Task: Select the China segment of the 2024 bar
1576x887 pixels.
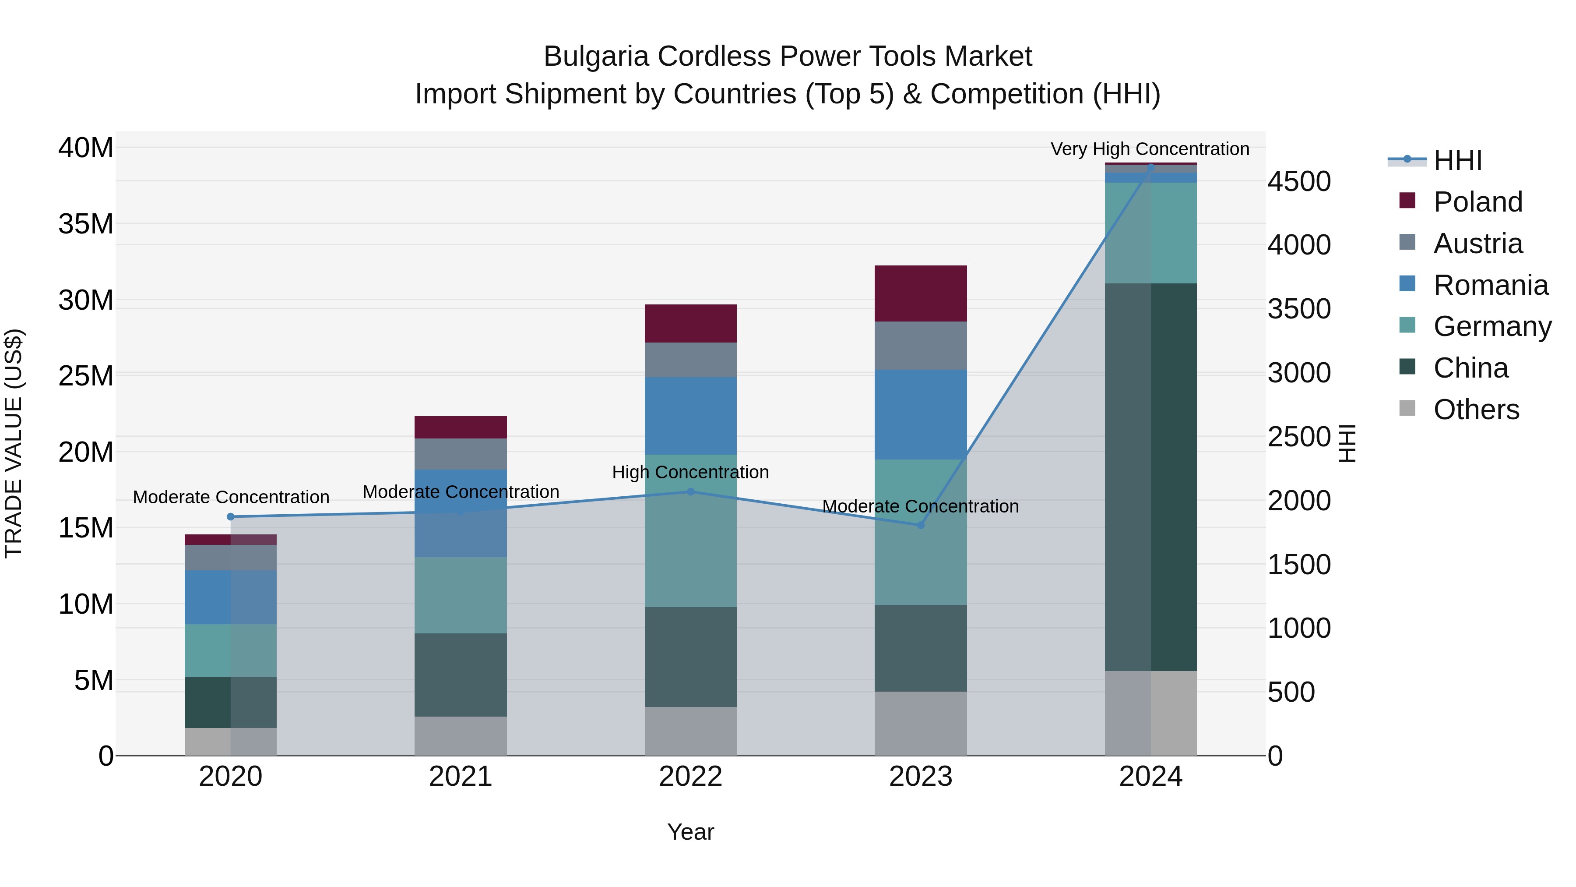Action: point(1150,477)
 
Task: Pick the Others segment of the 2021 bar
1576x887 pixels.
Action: point(460,736)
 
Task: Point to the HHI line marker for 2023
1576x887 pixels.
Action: point(920,525)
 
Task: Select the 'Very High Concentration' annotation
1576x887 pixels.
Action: point(1150,149)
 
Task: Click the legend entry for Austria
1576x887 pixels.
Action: point(1477,244)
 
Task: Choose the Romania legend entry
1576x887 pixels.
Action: point(1490,285)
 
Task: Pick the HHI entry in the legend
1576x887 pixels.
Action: point(1457,160)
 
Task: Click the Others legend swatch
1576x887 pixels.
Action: point(1407,408)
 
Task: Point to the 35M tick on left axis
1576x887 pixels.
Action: point(86,224)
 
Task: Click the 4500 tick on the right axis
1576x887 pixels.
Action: point(1299,181)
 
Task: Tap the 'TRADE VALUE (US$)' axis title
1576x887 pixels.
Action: point(14,443)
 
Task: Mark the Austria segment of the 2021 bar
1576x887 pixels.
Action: point(460,454)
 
